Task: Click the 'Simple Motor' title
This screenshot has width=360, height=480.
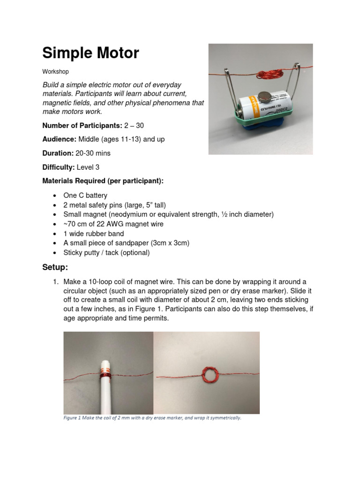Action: click(90, 53)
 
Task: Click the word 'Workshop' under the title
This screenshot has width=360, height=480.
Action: click(55, 72)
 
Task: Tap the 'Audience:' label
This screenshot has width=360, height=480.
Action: click(59, 139)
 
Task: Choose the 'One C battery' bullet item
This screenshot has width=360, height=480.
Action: click(85, 195)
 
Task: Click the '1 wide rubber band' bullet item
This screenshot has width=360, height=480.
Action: click(94, 233)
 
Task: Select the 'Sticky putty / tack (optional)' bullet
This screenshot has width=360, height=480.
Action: click(106, 253)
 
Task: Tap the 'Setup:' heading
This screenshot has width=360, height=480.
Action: click(55, 267)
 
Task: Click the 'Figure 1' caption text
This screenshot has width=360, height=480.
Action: click(152, 418)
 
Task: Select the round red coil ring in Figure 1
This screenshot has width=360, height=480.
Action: click(208, 376)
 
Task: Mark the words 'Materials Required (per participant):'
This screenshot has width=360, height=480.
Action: click(103, 181)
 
